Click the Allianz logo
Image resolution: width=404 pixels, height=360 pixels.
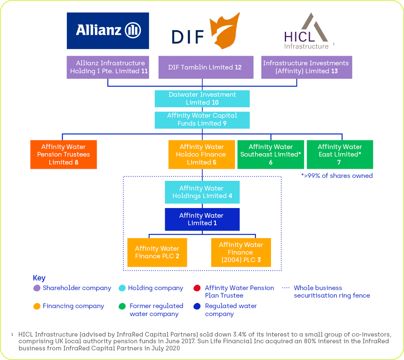[108, 31]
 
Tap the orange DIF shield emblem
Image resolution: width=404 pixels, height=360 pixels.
[225, 31]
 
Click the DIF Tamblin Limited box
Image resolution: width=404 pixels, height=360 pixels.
[206, 67]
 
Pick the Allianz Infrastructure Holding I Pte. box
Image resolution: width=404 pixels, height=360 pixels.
[108, 67]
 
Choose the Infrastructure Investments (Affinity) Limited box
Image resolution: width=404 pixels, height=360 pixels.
[306, 67]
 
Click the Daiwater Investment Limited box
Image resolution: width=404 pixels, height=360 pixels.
[202, 99]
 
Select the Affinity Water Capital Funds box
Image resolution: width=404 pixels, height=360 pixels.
[202, 120]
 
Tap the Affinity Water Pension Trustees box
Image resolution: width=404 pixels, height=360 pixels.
[64, 154]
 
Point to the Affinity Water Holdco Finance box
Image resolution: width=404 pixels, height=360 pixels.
[202, 154]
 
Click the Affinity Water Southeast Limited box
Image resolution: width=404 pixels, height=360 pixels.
[271, 154]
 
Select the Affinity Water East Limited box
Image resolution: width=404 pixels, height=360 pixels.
[340, 154]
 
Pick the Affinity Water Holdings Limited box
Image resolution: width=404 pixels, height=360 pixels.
[202, 192]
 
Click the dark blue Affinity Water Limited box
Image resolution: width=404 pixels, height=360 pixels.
[202, 219]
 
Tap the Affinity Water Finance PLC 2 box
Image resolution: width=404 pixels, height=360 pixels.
[157, 252]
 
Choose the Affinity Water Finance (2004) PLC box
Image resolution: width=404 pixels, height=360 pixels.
[241, 252]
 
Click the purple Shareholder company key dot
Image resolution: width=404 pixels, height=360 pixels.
[37, 288]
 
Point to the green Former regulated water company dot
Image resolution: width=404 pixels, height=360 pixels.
[123, 306]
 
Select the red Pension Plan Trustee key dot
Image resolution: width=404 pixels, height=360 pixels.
[197, 288]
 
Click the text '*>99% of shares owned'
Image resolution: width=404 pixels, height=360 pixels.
[337, 176]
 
